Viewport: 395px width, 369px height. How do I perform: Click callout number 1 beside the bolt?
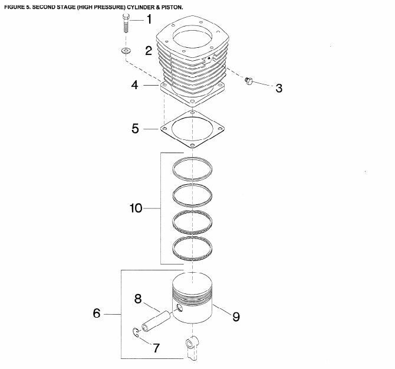149,19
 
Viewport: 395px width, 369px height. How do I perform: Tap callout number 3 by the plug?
278,89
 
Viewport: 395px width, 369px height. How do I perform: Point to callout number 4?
134,86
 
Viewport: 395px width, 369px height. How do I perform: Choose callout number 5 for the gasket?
136,128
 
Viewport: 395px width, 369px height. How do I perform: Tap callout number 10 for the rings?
137,208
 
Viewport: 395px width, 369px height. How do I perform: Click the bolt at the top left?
126,22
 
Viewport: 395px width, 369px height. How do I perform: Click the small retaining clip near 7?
136,335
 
